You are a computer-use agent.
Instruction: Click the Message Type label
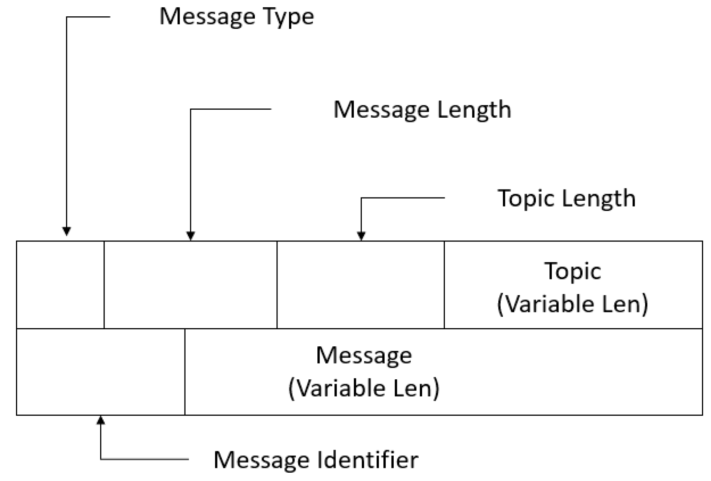point(236,17)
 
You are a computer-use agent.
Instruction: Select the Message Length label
point(422,110)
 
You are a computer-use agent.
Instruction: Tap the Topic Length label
point(566,199)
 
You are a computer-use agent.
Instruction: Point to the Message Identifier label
point(316,460)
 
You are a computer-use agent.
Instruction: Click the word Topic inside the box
point(573,271)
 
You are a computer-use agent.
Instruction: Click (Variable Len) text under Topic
point(573,304)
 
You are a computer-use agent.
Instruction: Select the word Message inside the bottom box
point(364,355)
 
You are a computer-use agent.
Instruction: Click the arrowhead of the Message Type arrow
point(66,231)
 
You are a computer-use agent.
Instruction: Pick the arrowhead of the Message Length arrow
point(191,236)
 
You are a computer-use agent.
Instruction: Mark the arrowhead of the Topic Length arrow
point(361,236)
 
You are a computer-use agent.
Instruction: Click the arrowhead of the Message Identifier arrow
point(101,420)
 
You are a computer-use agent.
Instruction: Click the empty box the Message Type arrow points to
point(60,285)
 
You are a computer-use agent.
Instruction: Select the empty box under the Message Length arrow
point(190,285)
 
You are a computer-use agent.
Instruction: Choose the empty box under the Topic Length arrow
point(360,285)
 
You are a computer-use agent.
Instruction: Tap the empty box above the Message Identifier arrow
point(101,372)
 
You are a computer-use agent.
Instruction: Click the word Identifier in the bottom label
point(367,460)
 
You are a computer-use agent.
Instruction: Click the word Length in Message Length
point(474,110)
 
